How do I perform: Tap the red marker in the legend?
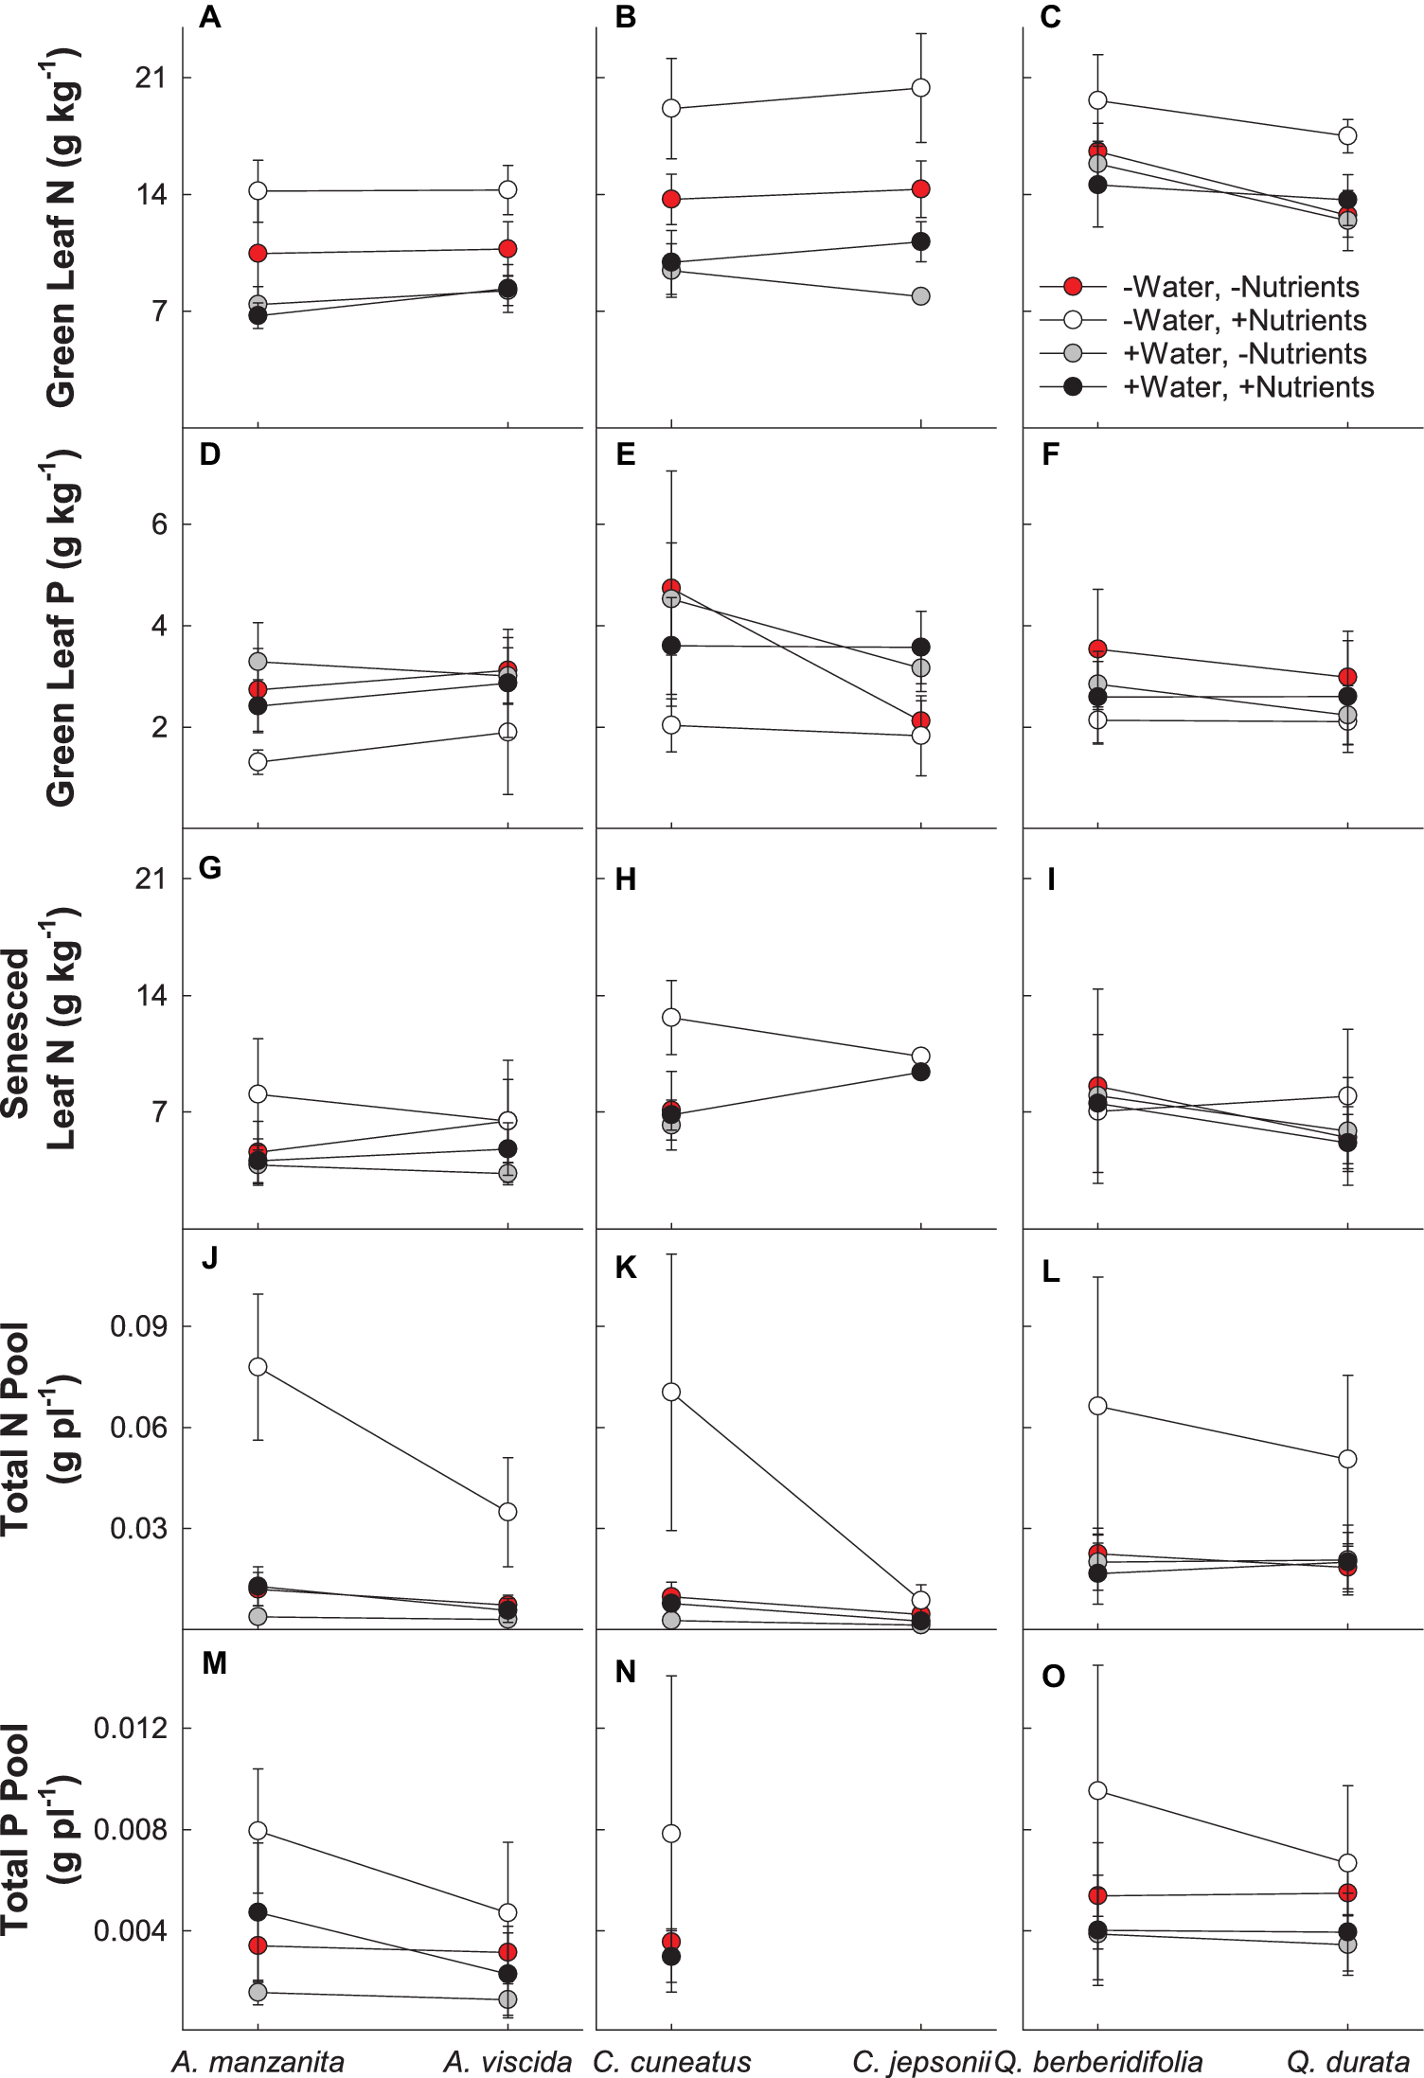pyautogui.click(x=1073, y=287)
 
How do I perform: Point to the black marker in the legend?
pyautogui.click(x=1073, y=386)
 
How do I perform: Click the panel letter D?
pyautogui.click(x=210, y=454)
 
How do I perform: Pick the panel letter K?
pyautogui.click(x=626, y=1269)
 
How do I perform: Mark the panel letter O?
pyautogui.click(x=1053, y=1677)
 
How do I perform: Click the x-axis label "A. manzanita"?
pyautogui.click(x=258, y=2062)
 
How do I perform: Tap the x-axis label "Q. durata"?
pyautogui.click(x=1347, y=2062)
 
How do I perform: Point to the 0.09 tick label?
pyautogui.click(x=138, y=1326)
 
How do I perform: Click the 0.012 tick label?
pyautogui.click(x=130, y=1729)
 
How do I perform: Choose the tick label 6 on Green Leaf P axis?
pyautogui.click(x=159, y=524)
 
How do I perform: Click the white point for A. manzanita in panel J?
pyautogui.click(x=258, y=1367)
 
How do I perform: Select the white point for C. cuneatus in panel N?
pyautogui.click(x=671, y=1834)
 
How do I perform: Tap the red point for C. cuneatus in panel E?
pyautogui.click(x=671, y=588)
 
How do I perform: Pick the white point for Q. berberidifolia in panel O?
pyautogui.click(x=1097, y=1790)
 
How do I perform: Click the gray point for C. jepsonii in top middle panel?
pyautogui.click(x=920, y=296)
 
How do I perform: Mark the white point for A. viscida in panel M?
pyautogui.click(x=507, y=1912)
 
